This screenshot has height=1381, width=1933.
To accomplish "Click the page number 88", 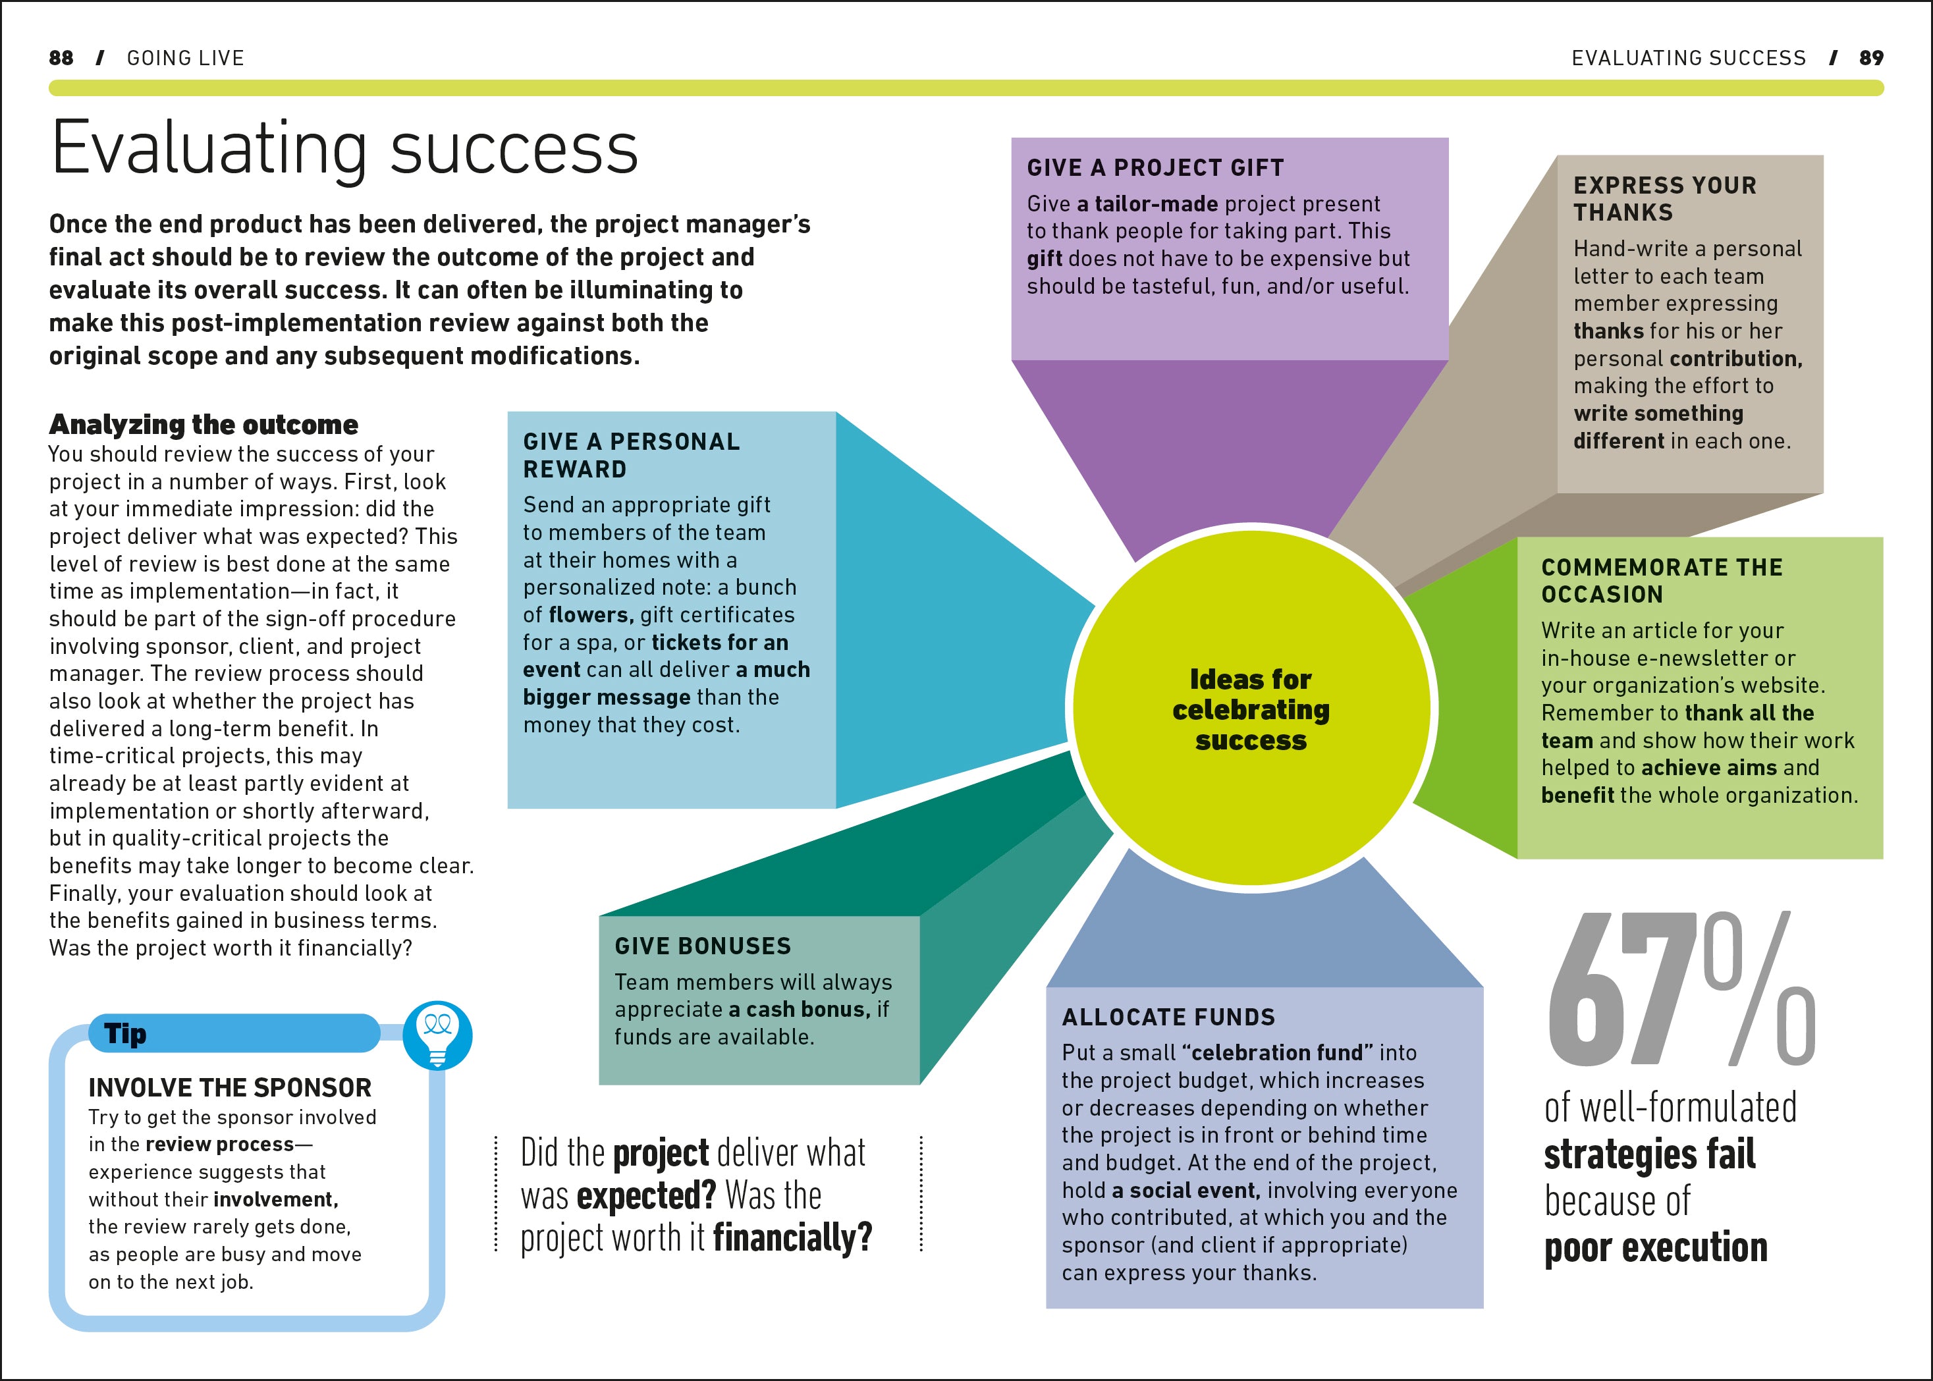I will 61,58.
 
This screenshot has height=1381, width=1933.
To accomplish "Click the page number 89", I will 1871,58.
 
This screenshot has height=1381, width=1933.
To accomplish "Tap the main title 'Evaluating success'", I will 344,149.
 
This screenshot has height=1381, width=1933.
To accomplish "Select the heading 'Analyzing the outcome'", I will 204,424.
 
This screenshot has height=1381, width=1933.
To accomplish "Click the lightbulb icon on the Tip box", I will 437,1034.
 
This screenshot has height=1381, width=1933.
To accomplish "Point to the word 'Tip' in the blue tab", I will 125,1034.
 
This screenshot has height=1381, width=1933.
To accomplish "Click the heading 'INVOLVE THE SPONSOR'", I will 230,1088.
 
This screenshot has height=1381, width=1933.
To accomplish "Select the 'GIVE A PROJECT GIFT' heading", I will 1155,167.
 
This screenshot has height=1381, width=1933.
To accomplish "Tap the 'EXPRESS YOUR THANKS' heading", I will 1664,198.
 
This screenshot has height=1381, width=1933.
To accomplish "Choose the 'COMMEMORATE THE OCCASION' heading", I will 1662,580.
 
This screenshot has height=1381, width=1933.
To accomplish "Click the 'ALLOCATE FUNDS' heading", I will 1168,1017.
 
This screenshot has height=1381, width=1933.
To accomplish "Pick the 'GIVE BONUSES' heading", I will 703,946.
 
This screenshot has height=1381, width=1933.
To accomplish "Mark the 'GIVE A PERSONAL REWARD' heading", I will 631,455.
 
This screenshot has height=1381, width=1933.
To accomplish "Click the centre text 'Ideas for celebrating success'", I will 1250,709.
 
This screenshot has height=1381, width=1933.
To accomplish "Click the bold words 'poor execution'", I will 1655,1247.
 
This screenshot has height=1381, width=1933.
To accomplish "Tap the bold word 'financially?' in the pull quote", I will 792,1237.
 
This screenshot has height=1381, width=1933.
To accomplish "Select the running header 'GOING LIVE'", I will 185,58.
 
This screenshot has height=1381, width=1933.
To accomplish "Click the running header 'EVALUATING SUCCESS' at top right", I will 1688,58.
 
